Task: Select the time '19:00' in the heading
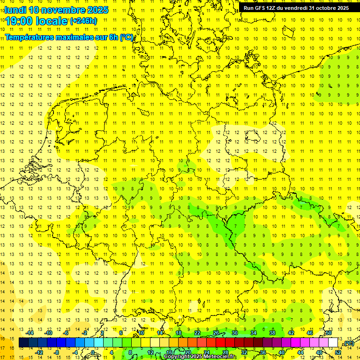pos(22,21)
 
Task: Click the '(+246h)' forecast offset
pos(83,21)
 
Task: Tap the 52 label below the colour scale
pos(338,352)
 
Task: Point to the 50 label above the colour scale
pos(329,333)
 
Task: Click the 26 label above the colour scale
pos(216,333)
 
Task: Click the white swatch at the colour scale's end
pos(333,343)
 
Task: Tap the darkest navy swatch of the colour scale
pos(24,343)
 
